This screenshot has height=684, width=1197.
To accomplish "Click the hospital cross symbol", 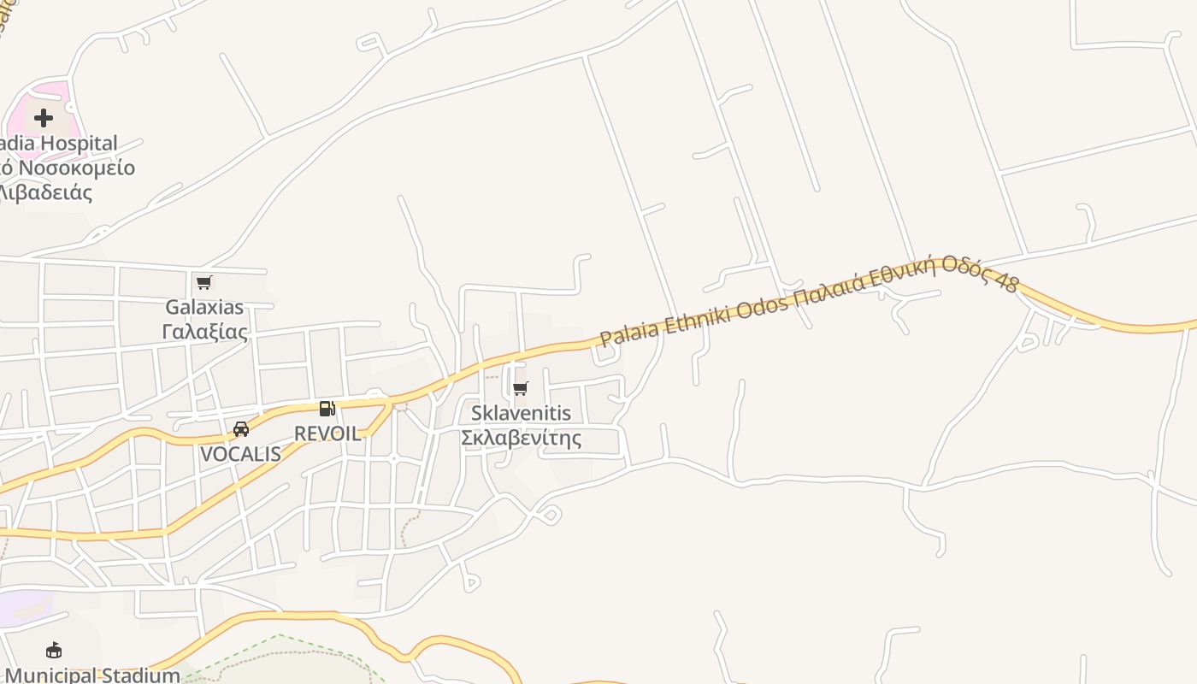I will (x=44, y=118).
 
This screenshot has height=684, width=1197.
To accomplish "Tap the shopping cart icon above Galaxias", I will (x=203, y=282).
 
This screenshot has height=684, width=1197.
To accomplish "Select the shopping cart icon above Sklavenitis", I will (x=521, y=389).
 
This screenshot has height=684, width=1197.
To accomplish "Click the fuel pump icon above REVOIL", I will (x=327, y=409).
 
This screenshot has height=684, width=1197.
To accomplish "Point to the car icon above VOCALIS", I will (x=241, y=429).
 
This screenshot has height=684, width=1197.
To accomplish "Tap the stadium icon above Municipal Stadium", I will (x=54, y=651).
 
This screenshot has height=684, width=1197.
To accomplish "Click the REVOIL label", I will (x=327, y=433).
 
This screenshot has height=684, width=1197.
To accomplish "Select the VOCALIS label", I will (x=240, y=454).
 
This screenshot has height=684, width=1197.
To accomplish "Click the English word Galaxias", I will (x=204, y=307).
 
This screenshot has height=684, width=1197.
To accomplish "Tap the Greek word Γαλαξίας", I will (x=204, y=332).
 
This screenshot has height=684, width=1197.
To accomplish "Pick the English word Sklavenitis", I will (x=521, y=414).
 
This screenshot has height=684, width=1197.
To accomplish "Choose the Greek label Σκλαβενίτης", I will (x=521, y=439).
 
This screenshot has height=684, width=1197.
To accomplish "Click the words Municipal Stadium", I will (x=92, y=675).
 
